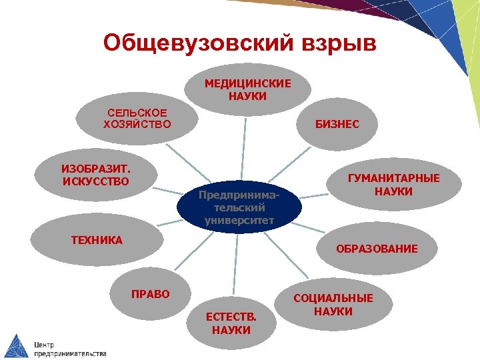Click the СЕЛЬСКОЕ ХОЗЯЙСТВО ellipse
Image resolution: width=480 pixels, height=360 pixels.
[x=137, y=119]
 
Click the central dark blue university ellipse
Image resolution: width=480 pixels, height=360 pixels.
[x=239, y=207]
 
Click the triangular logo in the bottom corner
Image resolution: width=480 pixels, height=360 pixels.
[x=16, y=345]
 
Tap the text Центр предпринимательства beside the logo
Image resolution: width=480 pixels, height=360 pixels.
[x=70, y=349]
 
